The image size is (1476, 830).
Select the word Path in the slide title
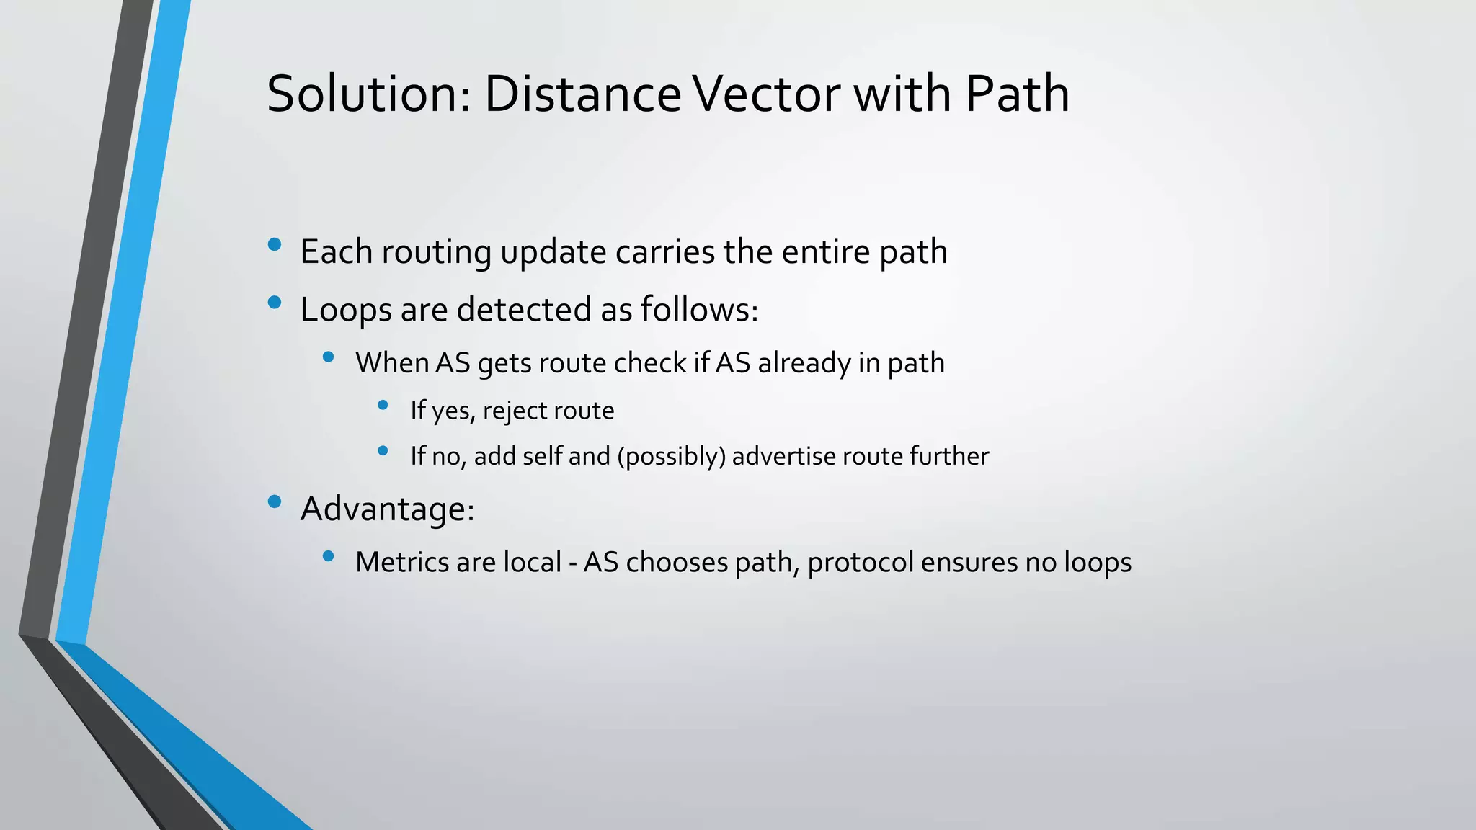1017,94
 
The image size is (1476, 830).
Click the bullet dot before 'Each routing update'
274,245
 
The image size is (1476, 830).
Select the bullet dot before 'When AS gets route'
329,357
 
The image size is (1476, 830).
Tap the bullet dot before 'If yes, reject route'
383,406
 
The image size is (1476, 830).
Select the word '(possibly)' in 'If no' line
671,456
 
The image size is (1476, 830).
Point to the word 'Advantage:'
387,509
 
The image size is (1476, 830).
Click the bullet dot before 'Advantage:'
274,502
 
